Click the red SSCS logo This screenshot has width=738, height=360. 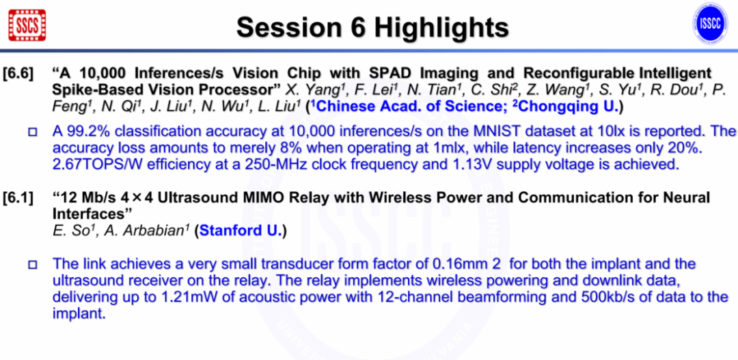[27, 25]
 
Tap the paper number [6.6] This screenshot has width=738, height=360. [18, 73]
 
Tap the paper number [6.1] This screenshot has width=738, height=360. [18, 198]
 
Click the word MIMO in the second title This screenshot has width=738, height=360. [265, 198]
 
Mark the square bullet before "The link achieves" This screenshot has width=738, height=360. [33, 264]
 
